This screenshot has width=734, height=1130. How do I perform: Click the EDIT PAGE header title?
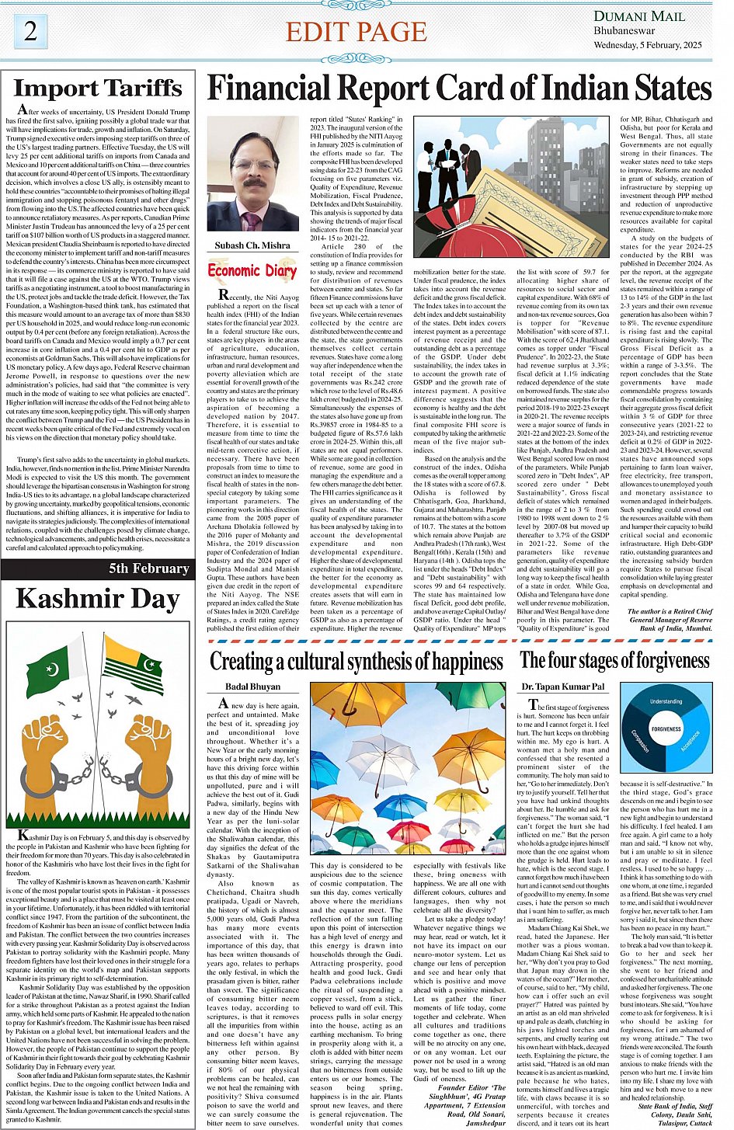tap(356, 32)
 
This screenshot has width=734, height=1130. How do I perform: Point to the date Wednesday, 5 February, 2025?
tap(648, 45)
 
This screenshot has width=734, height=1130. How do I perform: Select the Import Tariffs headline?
tap(98, 89)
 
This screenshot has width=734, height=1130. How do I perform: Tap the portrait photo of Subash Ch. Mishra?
tap(252, 178)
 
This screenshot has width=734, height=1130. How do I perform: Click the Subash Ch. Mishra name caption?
tap(252, 245)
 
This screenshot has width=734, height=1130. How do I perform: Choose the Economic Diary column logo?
tap(252, 271)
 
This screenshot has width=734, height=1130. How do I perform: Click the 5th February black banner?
tap(96, 568)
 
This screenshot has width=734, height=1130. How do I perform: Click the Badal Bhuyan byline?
tap(252, 687)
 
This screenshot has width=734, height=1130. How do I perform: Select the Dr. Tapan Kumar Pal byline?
tap(563, 687)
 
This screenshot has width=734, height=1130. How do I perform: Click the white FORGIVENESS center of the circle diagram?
tap(666, 729)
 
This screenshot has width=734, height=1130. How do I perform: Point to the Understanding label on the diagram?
tap(666, 701)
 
